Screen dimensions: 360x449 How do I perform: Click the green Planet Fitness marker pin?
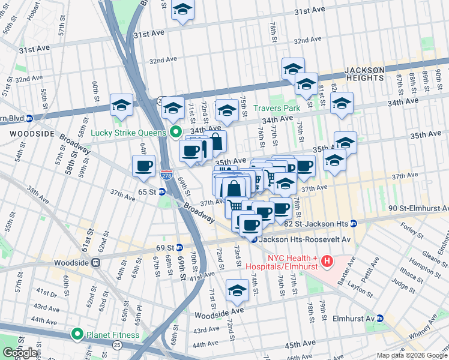coord(77,334)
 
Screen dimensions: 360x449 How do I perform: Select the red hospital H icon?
coord(327,261)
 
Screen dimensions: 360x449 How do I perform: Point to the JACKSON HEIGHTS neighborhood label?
coord(364,74)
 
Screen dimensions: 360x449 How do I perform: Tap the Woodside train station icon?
coord(95,262)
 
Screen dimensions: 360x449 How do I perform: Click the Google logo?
coord(20,353)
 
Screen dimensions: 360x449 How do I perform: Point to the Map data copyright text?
coord(412,355)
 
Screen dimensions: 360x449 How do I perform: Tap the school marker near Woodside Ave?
coord(237,291)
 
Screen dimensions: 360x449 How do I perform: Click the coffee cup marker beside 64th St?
coord(143,166)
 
